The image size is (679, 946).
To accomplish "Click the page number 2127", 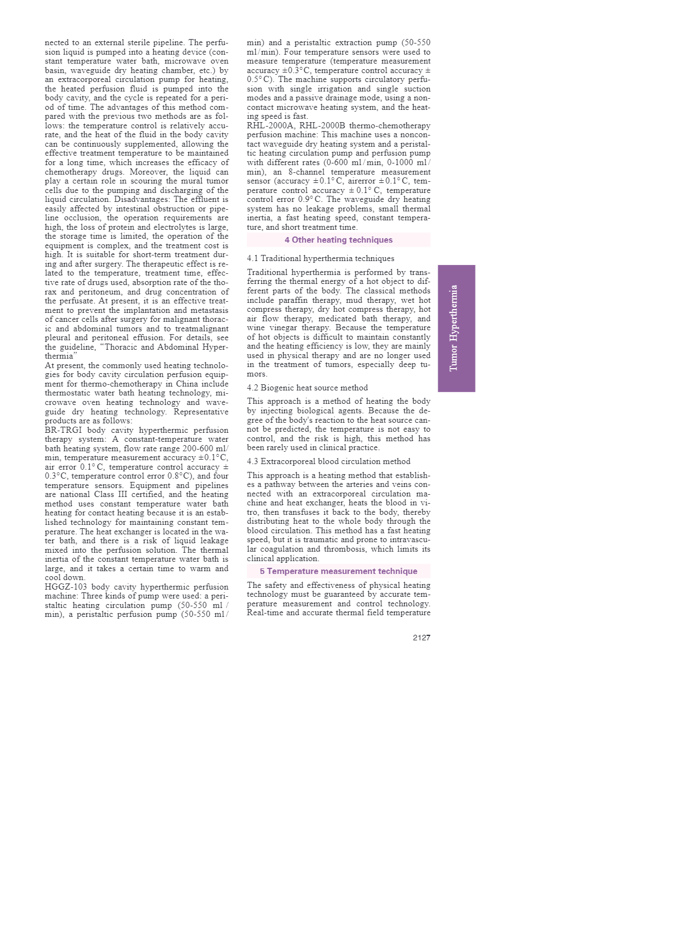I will click(421, 638).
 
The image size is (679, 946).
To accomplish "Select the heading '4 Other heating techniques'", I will click(338, 240).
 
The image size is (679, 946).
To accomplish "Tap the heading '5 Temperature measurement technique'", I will click(338, 571).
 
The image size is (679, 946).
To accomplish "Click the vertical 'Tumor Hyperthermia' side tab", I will click(456, 328).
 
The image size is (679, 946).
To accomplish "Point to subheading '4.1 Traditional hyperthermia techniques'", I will click(321, 258).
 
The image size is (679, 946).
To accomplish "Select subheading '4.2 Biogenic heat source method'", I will click(307, 388).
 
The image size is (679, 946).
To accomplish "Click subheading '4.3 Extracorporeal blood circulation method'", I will click(328, 461).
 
